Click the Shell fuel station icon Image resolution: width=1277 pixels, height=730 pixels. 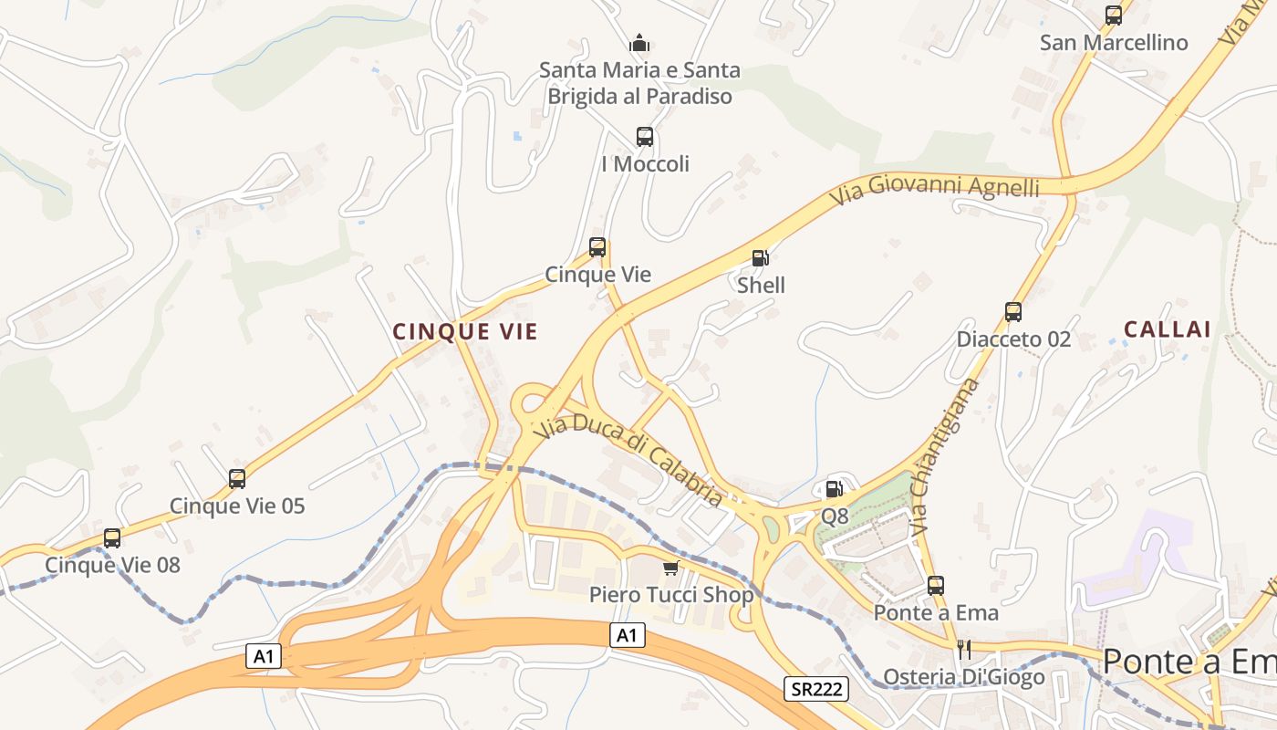pyautogui.click(x=760, y=258)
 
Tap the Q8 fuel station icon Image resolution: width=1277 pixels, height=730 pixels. pyautogui.click(x=834, y=489)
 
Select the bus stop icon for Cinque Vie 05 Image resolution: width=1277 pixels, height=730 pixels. pyautogui.click(x=237, y=478)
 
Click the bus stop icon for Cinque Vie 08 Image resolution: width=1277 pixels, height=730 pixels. pyautogui.click(x=112, y=538)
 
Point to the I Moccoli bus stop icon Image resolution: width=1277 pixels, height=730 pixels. pyautogui.click(x=645, y=137)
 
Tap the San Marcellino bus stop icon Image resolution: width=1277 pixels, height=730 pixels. pyautogui.click(x=1114, y=15)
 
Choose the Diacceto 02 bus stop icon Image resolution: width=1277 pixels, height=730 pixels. pyautogui.click(x=1013, y=312)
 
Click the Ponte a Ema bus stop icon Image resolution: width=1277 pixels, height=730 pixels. pyautogui.click(x=936, y=586)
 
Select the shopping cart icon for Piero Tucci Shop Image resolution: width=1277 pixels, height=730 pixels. pyautogui.click(x=671, y=568)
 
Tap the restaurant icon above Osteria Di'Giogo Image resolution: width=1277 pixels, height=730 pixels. pyautogui.click(x=963, y=649)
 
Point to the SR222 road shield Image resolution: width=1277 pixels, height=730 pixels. pyautogui.click(x=815, y=689)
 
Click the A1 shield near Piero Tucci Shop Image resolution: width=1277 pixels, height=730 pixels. pyautogui.click(x=628, y=635)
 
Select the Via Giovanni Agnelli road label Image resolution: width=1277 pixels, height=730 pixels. pyautogui.click(x=935, y=187)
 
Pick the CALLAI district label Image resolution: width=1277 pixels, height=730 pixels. pyautogui.click(x=1167, y=329)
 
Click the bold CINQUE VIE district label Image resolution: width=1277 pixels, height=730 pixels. pyautogui.click(x=465, y=332)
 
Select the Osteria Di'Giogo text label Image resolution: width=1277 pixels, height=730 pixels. pyautogui.click(x=964, y=678)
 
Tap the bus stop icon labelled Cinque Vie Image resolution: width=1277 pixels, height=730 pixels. pyautogui.click(x=597, y=247)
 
